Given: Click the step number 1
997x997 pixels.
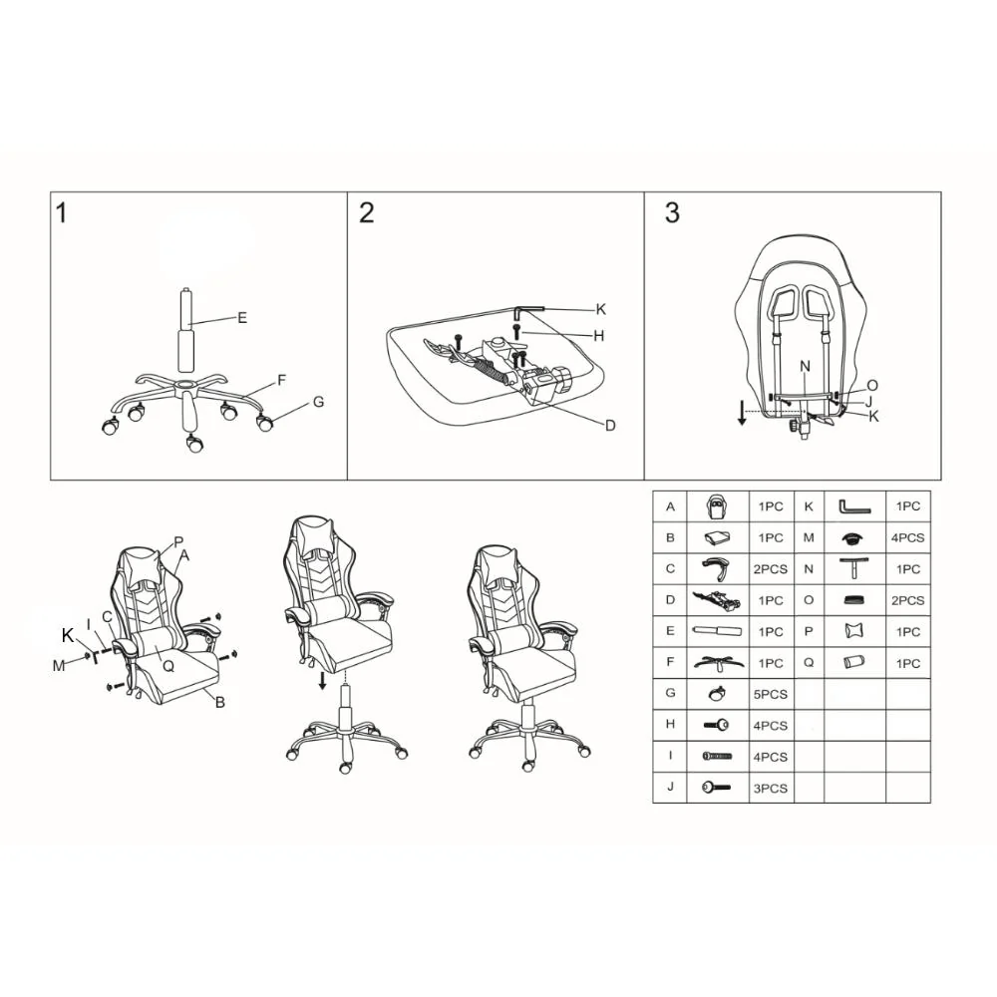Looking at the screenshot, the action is [61, 212].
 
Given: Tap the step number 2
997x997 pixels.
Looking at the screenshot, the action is [366, 212].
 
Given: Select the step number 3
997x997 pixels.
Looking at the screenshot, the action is [672, 212].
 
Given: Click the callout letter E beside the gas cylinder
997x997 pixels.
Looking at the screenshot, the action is [241, 318].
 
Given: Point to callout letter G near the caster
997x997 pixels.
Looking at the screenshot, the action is [319, 402].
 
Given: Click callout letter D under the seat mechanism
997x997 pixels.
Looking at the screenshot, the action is [610, 426].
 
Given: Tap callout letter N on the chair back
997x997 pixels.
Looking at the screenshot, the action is [805, 366].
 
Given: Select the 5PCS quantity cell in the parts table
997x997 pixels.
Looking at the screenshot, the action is [770, 694].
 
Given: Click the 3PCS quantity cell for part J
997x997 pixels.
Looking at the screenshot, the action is [770, 789].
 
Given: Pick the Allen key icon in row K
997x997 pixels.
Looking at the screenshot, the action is [854, 507].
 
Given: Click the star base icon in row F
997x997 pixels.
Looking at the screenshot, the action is [718, 663].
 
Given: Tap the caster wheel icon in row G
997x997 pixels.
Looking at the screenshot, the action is [718, 694].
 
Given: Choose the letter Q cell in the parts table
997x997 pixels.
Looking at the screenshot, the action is [809, 663].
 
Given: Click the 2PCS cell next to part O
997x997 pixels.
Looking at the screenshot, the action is [907, 600].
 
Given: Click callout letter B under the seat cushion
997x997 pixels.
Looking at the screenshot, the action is [220, 703].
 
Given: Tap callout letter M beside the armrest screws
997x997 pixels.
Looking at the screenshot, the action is [59, 666].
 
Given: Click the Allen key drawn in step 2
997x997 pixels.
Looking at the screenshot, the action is [527, 310].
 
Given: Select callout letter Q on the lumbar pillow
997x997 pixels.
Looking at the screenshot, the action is [168, 666].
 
